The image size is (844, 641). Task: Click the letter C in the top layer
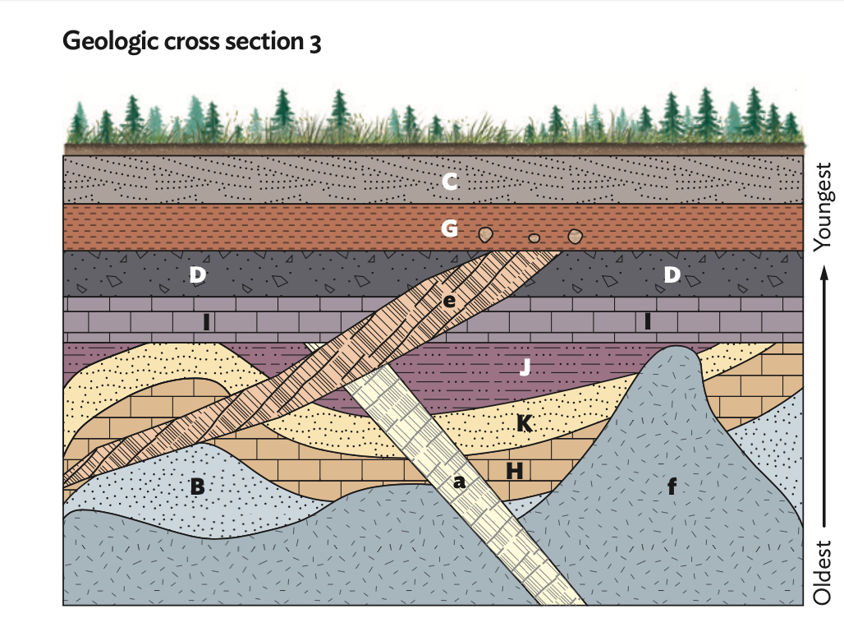click(449, 182)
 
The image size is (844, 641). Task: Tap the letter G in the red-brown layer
click(449, 228)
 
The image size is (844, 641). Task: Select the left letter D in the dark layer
click(197, 275)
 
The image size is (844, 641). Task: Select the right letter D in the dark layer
click(672, 275)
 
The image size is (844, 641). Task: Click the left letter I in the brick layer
click(205, 323)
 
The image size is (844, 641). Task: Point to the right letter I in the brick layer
click(648, 322)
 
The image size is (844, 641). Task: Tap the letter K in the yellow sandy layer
click(524, 423)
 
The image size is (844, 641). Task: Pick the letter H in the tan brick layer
click(515, 470)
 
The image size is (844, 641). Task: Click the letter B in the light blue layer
click(197, 487)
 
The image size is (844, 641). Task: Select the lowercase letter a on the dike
click(460, 484)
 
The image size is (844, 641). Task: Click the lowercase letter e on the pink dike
click(448, 301)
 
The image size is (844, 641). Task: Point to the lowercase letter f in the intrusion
click(672, 487)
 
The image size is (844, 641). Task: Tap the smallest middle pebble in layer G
click(534, 238)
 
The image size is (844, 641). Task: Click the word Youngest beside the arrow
click(824, 206)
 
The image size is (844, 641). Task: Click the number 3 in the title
click(315, 44)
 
